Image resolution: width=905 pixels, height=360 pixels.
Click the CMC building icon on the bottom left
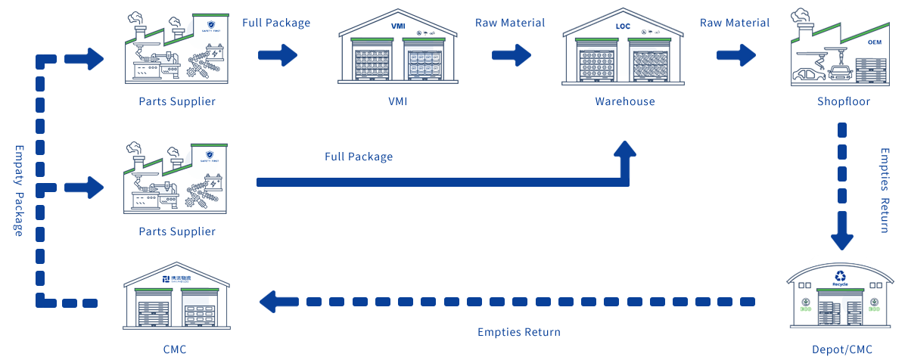177,295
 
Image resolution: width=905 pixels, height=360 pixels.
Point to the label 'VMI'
397,101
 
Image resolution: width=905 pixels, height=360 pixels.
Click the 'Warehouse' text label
624,101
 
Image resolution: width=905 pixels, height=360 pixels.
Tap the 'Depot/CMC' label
841,349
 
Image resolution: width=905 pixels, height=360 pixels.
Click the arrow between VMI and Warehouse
511,54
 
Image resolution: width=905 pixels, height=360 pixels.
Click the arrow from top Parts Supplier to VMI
278,54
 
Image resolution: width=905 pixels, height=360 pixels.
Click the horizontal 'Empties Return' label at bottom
518,332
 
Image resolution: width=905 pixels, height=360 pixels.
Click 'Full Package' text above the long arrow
359,157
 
